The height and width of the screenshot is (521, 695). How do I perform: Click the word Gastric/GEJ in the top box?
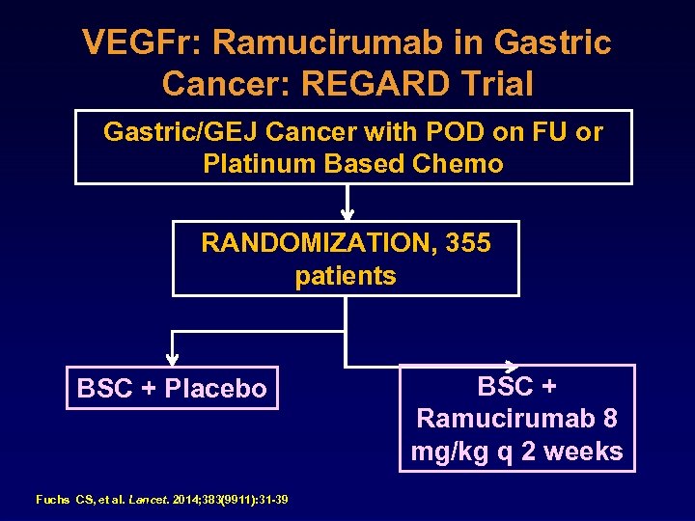(181, 132)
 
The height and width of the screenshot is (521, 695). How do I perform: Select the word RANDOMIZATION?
(319, 243)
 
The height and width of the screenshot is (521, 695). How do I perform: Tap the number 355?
(469, 243)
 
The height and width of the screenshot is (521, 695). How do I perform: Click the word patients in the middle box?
(346, 276)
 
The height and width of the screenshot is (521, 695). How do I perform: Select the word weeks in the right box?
(584, 452)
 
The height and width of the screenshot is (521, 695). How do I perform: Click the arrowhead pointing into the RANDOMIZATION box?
(347, 215)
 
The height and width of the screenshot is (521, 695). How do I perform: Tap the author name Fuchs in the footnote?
(52, 500)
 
